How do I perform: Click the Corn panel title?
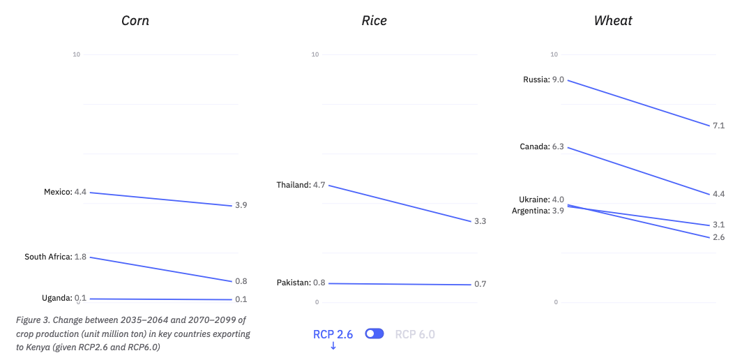(x=135, y=20)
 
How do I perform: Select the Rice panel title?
(x=374, y=20)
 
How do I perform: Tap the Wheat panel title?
(x=612, y=20)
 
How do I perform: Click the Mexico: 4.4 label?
(x=65, y=192)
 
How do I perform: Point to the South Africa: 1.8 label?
(x=55, y=257)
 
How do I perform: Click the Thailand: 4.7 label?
(x=301, y=185)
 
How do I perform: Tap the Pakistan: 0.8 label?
(x=301, y=283)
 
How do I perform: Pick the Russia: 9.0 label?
(x=543, y=80)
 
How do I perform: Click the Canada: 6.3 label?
(x=541, y=147)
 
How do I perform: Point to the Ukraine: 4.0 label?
(x=541, y=200)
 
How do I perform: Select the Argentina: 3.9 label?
(x=538, y=210)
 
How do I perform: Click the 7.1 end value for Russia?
(x=718, y=126)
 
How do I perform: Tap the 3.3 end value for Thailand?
(x=480, y=221)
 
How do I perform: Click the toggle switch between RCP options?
(x=374, y=334)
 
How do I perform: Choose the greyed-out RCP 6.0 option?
(x=415, y=334)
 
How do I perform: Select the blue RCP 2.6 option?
(x=333, y=334)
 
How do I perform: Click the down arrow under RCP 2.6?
(x=333, y=346)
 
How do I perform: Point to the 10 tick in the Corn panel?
(x=76, y=54)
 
